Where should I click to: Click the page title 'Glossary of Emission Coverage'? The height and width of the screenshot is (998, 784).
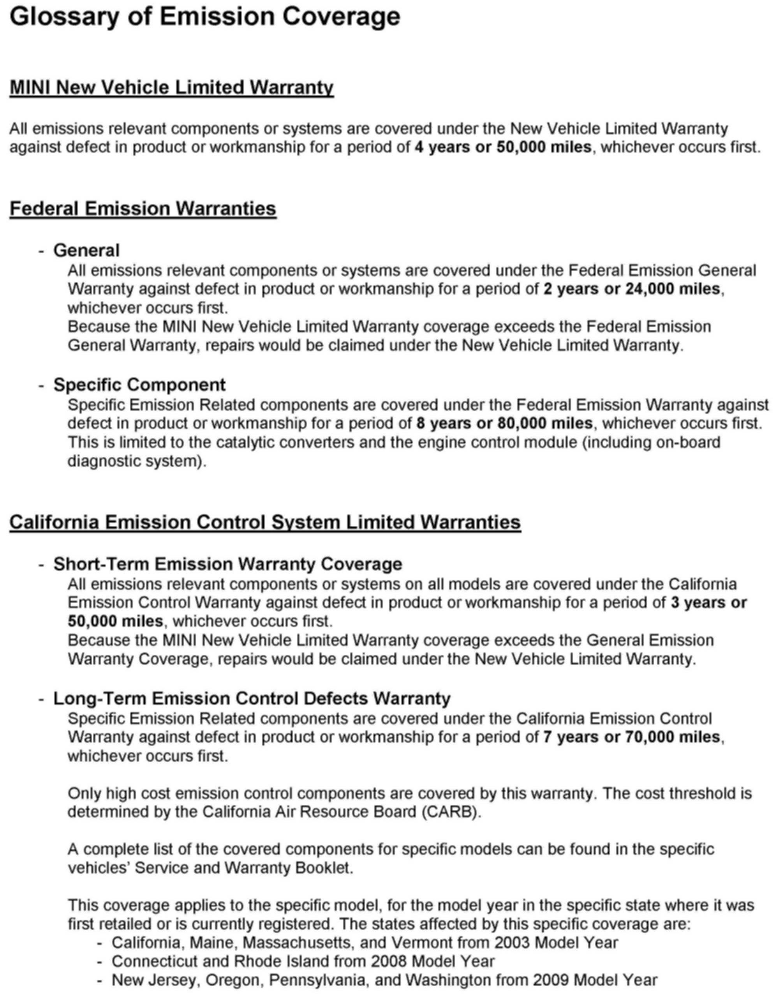coord(205,17)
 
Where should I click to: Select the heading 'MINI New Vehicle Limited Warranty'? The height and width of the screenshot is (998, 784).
coord(171,87)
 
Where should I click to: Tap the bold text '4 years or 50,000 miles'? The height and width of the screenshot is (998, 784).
coord(503,147)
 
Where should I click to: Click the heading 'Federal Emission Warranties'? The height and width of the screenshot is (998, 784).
coord(143,208)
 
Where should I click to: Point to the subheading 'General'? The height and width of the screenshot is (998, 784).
coord(86,250)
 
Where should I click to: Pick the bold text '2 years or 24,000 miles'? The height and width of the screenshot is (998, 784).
coord(632,289)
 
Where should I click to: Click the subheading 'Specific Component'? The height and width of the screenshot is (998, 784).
coord(139,385)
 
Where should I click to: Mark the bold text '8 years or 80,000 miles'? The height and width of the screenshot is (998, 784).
coord(504,424)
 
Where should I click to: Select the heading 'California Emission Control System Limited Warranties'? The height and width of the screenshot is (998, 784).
coord(265,522)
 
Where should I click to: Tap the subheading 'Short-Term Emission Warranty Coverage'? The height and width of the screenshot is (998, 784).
coord(228,564)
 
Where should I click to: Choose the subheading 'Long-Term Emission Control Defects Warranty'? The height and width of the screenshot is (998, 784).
coord(252,699)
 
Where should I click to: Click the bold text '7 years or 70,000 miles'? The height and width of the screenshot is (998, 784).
coord(632,737)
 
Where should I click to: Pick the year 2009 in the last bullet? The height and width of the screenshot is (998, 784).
coord(551,980)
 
